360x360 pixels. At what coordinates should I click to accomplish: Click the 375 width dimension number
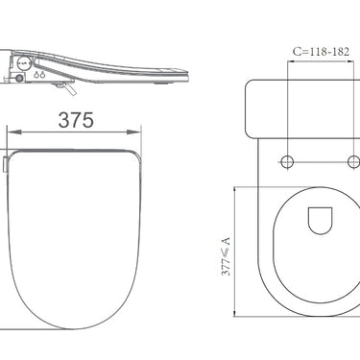click(76, 120)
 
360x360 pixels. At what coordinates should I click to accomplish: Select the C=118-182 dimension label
click(321, 52)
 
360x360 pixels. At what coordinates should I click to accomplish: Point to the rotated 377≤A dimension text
click(226, 256)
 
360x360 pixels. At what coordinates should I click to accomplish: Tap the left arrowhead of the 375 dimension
click(14, 132)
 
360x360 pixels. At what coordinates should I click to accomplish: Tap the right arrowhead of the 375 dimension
click(134, 132)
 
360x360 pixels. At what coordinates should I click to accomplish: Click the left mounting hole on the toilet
click(287, 161)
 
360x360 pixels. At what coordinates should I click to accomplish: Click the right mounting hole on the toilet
click(354, 161)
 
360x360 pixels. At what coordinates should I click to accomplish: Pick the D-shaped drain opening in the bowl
click(320, 221)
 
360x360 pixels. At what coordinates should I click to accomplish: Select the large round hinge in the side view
click(24, 63)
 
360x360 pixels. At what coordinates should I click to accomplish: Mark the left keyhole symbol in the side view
click(36, 76)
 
